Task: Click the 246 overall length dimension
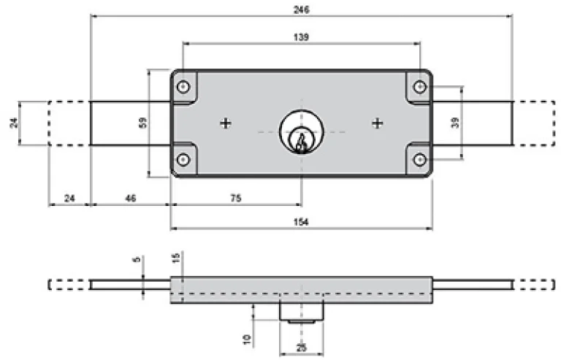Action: pos(301,9)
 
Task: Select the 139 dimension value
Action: pos(301,37)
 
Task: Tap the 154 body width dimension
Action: pos(301,222)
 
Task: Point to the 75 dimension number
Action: pos(236,198)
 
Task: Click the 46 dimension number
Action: pos(131,198)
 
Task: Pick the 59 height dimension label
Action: pos(142,123)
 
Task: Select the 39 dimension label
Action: pos(455,123)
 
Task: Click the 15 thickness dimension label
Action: pos(175,257)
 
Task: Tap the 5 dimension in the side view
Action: pos(137,258)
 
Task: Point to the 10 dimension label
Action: pos(246,339)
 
